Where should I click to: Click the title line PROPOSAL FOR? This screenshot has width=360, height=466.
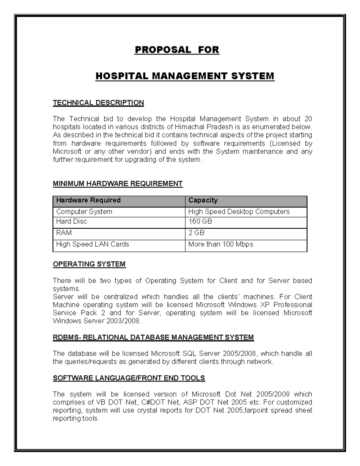pos(177,50)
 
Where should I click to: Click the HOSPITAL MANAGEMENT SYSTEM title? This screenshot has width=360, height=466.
pos(185,76)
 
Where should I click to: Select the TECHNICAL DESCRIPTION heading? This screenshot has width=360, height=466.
pos(98,103)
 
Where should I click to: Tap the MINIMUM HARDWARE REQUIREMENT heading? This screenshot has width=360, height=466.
pos(118,184)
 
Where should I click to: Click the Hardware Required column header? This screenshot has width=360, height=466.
pos(88,200)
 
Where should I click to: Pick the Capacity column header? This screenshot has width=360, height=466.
pos(203,200)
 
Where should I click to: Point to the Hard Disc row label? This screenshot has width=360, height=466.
pos(71,222)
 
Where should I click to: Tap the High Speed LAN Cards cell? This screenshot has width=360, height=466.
pos(92,245)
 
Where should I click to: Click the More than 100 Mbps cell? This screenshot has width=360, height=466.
pos(220,245)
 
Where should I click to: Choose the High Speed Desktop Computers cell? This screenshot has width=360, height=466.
pos(238,212)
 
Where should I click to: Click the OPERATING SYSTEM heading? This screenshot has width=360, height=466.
pos(89,264)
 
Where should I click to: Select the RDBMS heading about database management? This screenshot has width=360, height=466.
pos(153,338)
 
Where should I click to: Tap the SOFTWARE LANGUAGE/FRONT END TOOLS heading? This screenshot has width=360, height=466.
pos(129,378)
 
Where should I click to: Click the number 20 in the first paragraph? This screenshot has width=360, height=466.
pos(308,119)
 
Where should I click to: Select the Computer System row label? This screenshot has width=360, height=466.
pos(84,212)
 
